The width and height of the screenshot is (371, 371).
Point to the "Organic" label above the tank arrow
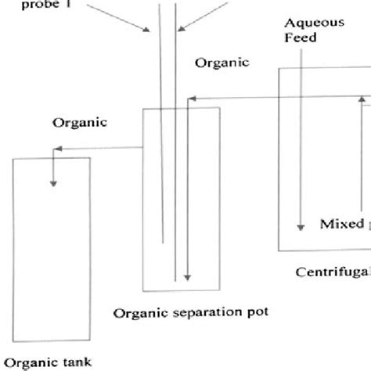[79, 122]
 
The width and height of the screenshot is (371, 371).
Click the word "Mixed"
[341, 224]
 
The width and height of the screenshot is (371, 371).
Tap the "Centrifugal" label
[332, 272]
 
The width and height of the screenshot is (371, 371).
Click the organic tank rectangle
[52, 250]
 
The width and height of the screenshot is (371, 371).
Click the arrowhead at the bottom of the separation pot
[187, 278]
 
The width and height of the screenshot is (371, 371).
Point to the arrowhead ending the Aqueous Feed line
[300, 228]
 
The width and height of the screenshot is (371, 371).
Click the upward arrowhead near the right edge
[362, 100]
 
